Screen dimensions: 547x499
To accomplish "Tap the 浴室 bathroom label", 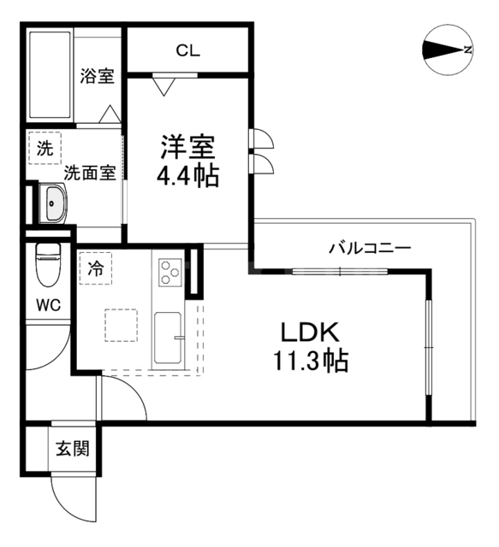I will (x=97, y=76).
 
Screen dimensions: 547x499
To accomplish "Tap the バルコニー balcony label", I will (x=371, y=249).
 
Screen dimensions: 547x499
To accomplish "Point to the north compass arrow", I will (x=447, y=50).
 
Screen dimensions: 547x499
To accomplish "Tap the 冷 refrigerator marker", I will (x=96, y=268).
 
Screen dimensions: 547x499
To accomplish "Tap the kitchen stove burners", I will (x=168, y=273).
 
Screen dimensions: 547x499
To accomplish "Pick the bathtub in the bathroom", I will (x=50, y=76).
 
